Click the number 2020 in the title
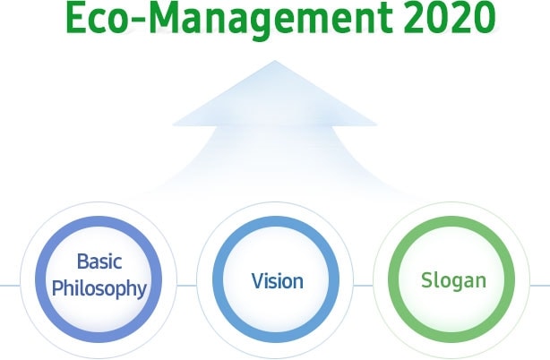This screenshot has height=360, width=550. [450, 18]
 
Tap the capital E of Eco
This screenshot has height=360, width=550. [76, 18]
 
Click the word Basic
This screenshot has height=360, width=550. [99, 261]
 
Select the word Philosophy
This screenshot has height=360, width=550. [99, 289]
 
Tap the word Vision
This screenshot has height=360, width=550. [277, 281]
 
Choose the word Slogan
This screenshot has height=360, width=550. [453, 281]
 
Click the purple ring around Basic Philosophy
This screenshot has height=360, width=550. [40, 279]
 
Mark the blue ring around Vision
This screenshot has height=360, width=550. [218, 279]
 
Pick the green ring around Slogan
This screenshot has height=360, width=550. [393, 279]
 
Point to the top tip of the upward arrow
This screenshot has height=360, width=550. [275, 61]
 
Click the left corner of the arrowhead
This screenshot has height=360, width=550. [173, 124]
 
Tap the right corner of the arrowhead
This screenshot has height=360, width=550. [377, 124]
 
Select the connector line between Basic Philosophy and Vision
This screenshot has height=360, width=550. [186, 286]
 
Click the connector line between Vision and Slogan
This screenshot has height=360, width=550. [363, 286]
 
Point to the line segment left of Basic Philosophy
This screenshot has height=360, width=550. [10, 286]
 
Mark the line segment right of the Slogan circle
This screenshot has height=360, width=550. [540, 286]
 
